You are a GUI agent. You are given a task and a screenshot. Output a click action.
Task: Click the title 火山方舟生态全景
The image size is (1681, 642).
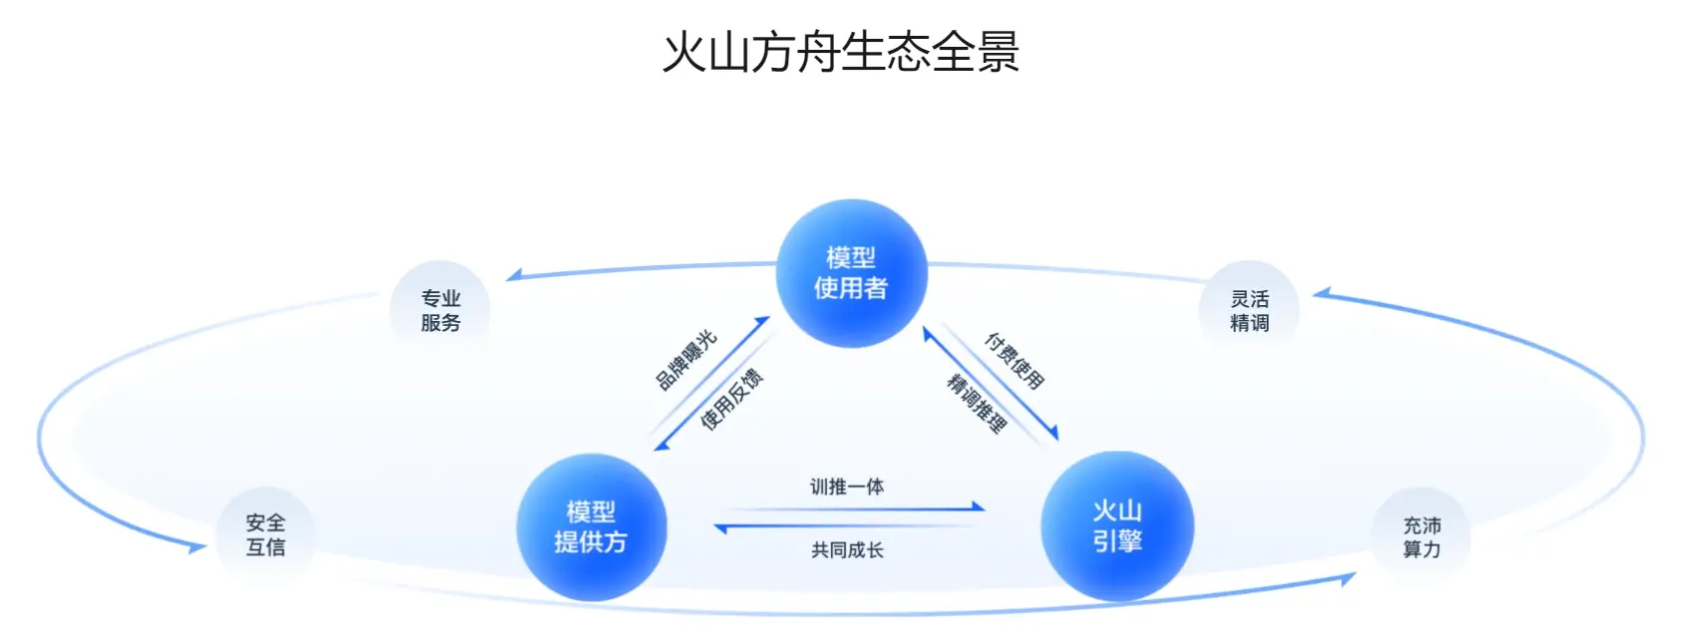(841, 52)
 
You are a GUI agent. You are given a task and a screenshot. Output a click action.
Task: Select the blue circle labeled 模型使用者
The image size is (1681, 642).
(851, 273)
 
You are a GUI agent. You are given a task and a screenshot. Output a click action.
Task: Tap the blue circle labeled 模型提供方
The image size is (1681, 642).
(591, 527)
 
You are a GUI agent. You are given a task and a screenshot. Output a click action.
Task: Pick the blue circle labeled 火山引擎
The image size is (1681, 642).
(1116, 526)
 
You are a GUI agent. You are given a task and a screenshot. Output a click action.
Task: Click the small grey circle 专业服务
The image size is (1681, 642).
(440, 310)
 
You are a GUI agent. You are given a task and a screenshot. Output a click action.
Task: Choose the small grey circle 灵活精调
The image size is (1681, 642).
(1249, 310)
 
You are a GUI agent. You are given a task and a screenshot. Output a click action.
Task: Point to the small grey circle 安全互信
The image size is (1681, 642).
(265, 535)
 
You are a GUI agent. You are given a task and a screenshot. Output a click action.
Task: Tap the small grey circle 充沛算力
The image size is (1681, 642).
(1422, 537)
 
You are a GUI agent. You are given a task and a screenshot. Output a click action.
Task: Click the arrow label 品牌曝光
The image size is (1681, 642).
(686, 360)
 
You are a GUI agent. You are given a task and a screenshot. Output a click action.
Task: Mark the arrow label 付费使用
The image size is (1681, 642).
(1015, 361)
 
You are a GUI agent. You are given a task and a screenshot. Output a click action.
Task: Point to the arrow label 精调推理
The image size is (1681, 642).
(977, 403)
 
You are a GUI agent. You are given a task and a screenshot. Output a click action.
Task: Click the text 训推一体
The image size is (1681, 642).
(847, 486)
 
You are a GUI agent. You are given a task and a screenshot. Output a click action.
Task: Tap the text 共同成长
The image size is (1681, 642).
(847, 550)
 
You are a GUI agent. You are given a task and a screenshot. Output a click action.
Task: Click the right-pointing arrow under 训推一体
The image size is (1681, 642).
(848, 508)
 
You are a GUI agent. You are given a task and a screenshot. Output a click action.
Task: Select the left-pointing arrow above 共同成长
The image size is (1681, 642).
(848, 527)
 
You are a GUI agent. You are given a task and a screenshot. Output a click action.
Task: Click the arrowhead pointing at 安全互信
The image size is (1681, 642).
(197, 546)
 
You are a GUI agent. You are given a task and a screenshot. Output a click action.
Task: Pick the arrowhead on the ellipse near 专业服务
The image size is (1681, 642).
(515, 275)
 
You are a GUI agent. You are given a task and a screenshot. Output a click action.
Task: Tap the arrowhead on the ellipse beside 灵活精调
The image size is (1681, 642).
(1321, 293)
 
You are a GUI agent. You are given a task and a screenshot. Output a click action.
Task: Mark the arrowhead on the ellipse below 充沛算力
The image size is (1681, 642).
(1347, 577)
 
